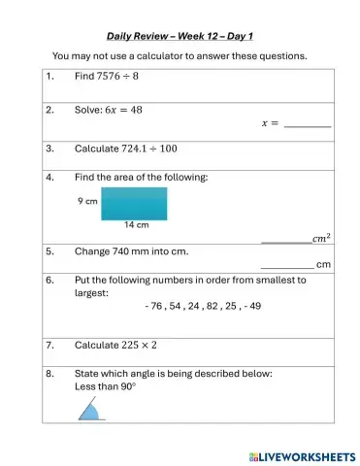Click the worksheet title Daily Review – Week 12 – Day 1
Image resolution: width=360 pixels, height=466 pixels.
[180, 35]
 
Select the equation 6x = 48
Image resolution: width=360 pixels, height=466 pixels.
[123, 110]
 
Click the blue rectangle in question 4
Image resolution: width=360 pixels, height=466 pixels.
[133, 203]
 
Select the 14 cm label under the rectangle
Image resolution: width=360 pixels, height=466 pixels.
[136, 225]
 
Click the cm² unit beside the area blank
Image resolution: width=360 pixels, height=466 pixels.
[320, 238]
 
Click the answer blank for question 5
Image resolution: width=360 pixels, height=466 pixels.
[287, 264]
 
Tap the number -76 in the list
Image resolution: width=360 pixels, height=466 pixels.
[153, 306]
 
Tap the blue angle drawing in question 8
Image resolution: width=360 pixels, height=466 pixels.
[91, 412]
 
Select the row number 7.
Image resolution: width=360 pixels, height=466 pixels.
[49, 345]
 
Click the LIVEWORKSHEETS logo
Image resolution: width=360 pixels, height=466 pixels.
[302, 455]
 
